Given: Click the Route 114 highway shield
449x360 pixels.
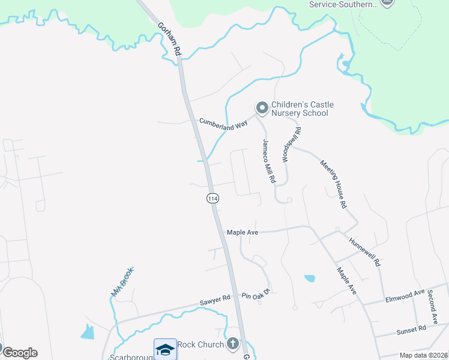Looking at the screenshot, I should [x=212, y=198].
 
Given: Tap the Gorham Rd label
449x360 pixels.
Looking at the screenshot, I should [x=169, y=40].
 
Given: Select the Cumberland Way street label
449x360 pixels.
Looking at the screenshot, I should [x=224, y=124].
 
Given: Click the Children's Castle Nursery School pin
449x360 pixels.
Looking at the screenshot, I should [x=262, y=108].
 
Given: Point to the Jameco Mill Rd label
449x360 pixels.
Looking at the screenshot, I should [x=268, y=161].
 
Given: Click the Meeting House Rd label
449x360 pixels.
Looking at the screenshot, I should [x=334, y=184].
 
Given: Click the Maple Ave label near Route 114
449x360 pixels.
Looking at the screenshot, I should [x=243, y=232].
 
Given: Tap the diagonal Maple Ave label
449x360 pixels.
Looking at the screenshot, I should [x=347, y=281].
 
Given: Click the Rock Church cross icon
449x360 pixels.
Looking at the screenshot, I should [x=232, y=344].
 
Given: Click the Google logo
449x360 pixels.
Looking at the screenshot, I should [x=20, y=353].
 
